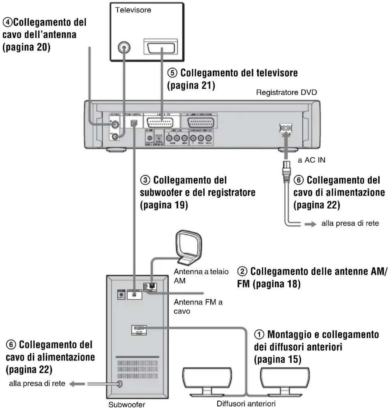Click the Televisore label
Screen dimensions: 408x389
133,10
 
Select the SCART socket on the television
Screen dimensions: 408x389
160,47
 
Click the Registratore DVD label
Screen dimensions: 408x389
286,92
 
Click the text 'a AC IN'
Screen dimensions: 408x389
311,160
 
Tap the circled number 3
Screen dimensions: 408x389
145,180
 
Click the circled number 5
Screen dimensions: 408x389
172,73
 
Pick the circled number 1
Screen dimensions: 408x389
259,335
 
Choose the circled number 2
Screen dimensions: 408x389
242,271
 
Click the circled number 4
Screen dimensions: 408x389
7,23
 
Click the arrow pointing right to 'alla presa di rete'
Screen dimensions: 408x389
310,224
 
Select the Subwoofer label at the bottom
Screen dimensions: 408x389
127,404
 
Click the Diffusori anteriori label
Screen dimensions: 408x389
246,403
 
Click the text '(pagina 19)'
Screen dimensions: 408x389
164,205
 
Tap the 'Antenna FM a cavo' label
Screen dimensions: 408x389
198,307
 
